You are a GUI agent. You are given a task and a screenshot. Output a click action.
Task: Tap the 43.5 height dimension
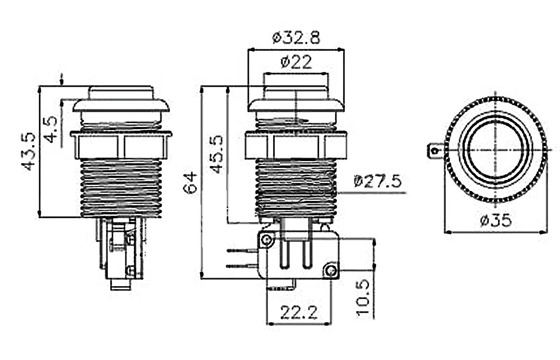tap(28, 152)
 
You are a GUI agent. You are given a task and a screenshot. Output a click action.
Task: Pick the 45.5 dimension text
tap(216, 154)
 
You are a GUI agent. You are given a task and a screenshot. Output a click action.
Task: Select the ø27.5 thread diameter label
tap(378, 181)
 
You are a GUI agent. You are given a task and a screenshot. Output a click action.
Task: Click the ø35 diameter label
tap(496, 221)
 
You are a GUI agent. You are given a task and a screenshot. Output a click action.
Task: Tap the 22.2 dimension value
tap(299, 313)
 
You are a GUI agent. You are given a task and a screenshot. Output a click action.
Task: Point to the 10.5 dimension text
tap(363, 298)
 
